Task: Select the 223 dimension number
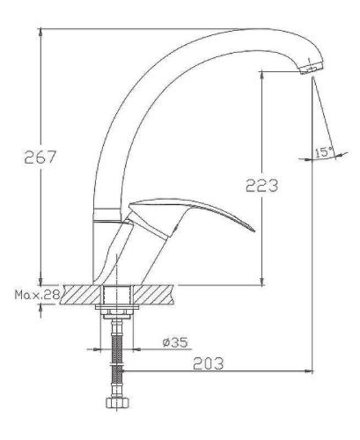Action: coord(262,186)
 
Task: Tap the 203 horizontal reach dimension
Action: coord(207,362)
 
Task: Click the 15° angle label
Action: coord(322,153)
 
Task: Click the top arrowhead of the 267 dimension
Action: coord(41,33)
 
